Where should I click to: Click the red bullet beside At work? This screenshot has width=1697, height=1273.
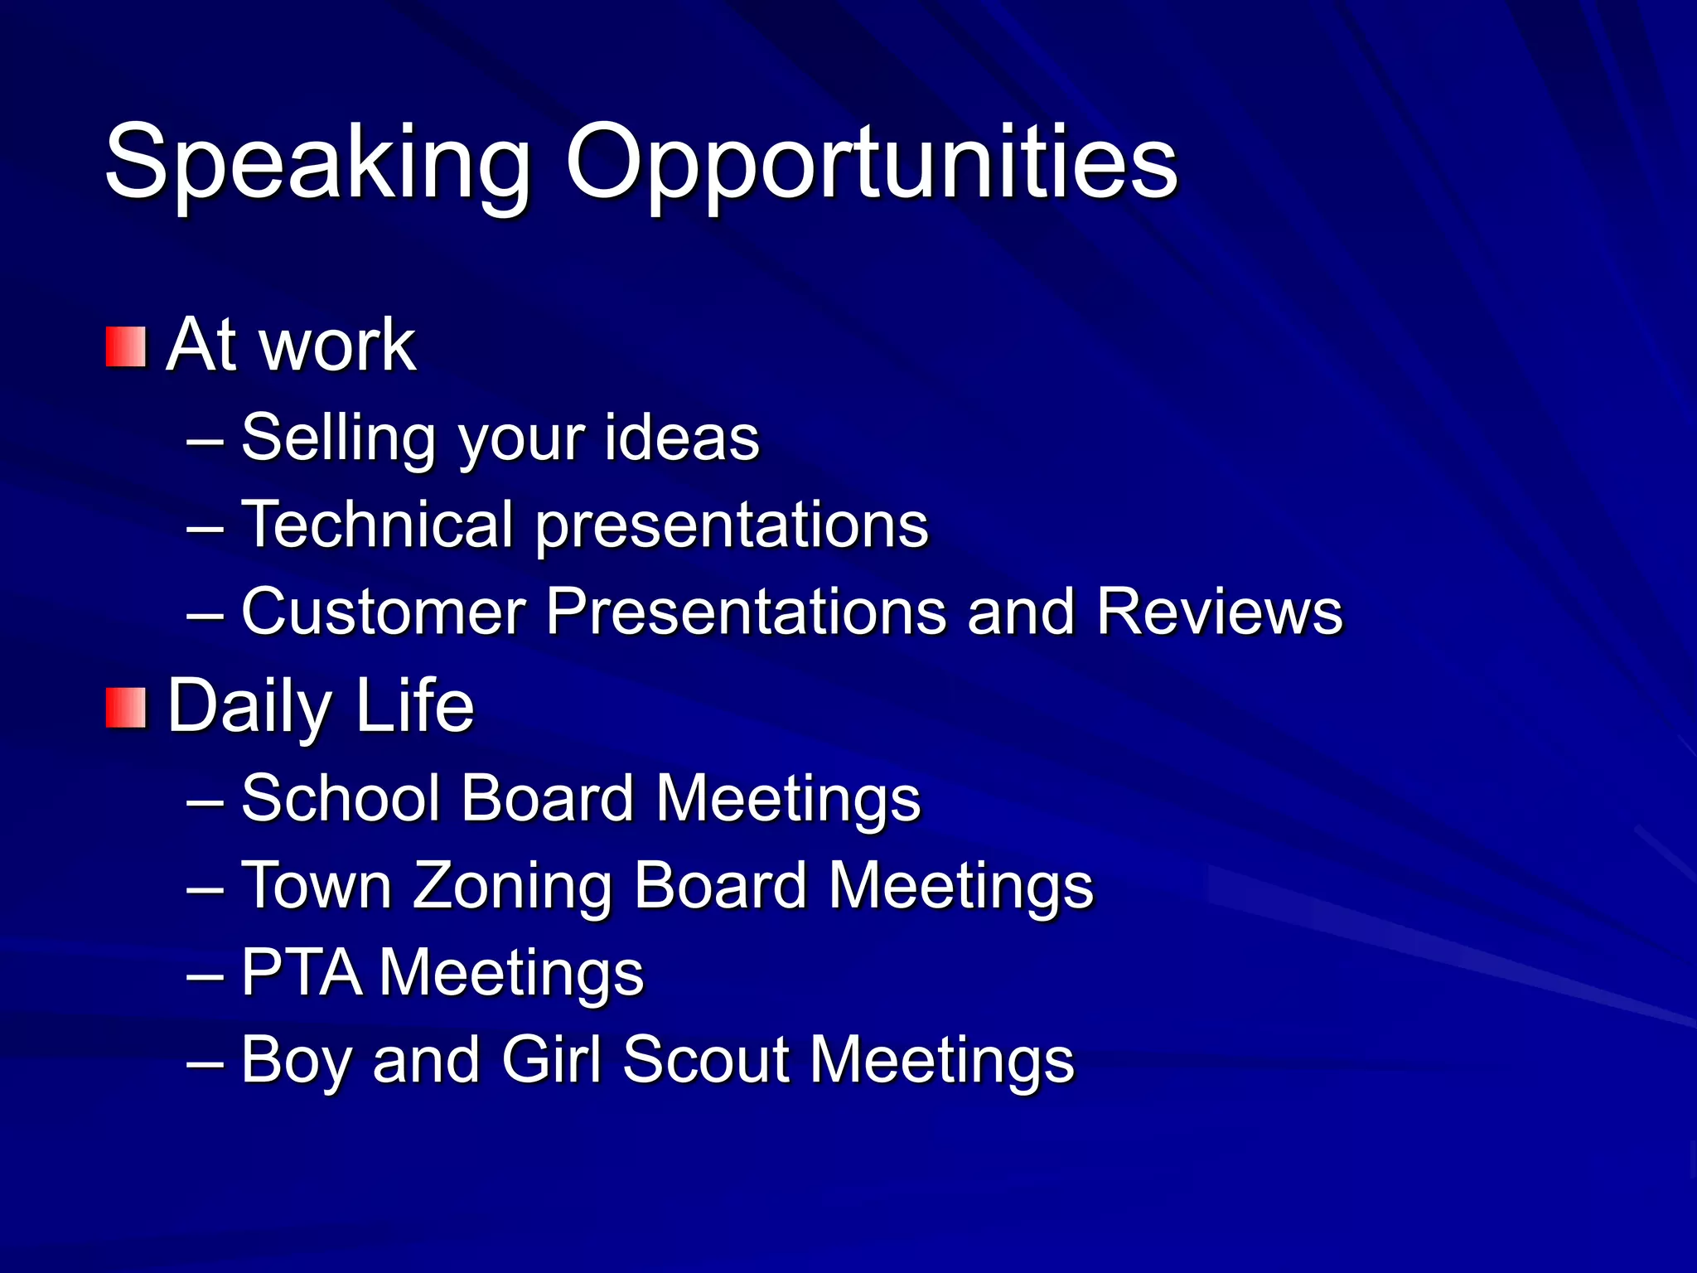tap(126, 346)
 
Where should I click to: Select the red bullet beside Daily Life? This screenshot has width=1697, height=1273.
tap(126, 707)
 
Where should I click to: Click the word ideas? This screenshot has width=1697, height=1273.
tap(681, 438)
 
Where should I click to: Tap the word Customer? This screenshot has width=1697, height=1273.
tap(383, 612)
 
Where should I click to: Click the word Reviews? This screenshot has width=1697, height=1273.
tap(1219, 612)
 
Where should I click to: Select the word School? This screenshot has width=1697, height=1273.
tap(340, 798)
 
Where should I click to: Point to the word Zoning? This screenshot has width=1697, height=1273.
tap(512, 885)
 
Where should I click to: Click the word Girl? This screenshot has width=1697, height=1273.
tap(551, 1059)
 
